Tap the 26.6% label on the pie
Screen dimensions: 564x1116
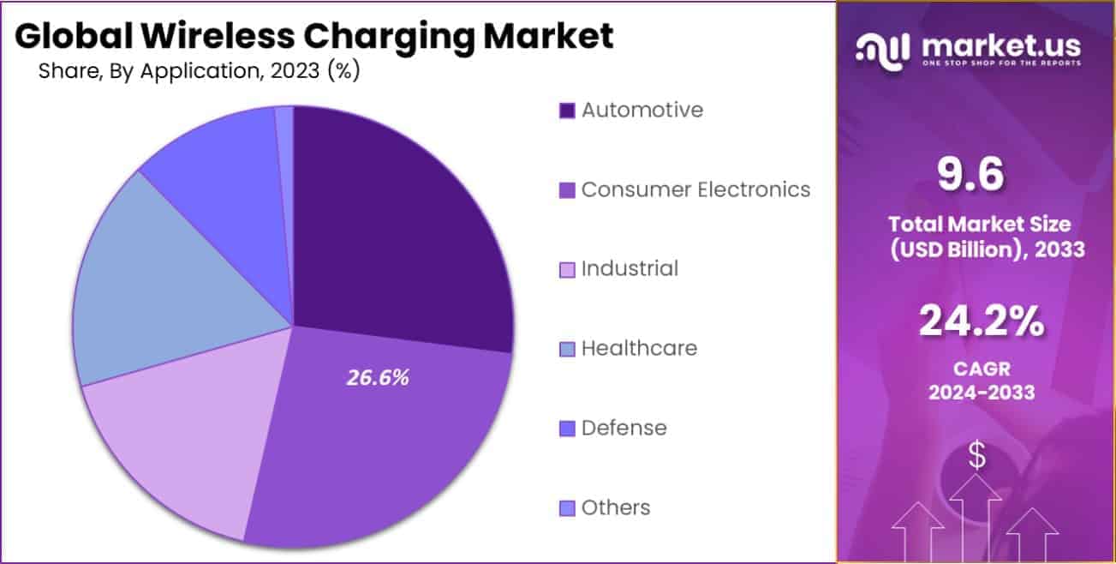378,377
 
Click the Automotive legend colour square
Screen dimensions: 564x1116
567,111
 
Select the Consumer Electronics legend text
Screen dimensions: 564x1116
695,189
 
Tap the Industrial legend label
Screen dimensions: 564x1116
630,268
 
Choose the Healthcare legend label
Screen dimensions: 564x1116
639,348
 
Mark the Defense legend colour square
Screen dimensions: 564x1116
567,428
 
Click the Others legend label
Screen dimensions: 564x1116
616,507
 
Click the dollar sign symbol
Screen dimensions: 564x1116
976,456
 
